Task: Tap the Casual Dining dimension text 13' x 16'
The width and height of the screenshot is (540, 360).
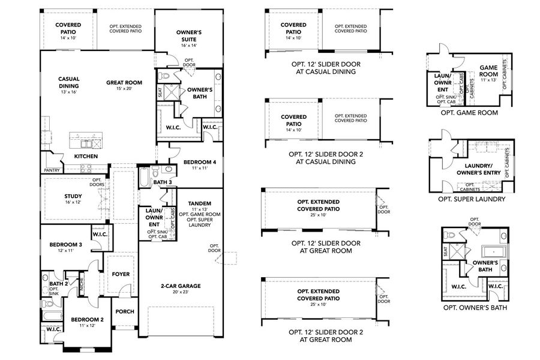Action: tap(69, 92)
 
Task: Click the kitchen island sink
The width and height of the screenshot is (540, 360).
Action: tap(88, 143)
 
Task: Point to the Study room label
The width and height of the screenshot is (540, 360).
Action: tap(73, 196)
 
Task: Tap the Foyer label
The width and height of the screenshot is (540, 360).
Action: tap(121, 274)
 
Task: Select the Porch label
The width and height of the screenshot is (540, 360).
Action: tap(125, 311)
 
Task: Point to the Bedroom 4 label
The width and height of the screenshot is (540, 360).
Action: tap(194, 163)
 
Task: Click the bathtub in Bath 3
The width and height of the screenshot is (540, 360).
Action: tap(144, 179)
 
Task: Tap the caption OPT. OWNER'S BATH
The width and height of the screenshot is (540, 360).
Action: tap(474, 308)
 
